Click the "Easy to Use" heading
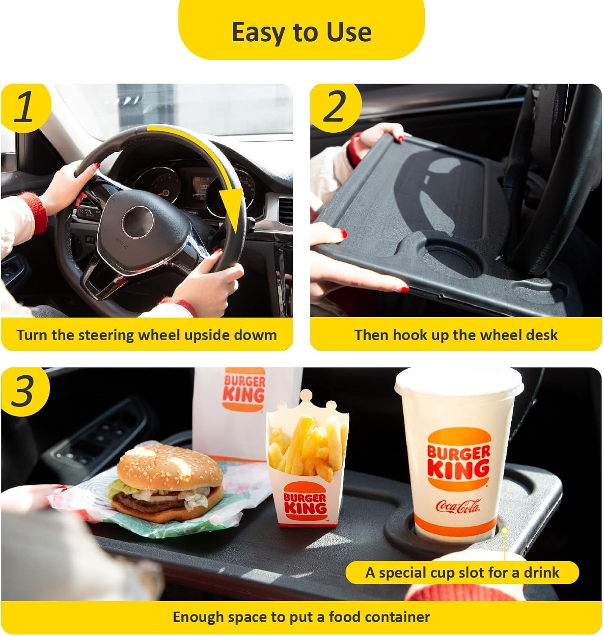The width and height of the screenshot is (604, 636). pyautogui.click(x=301, y=32)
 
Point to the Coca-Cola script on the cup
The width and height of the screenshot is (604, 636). pyautogui.click(x=458, y=506)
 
